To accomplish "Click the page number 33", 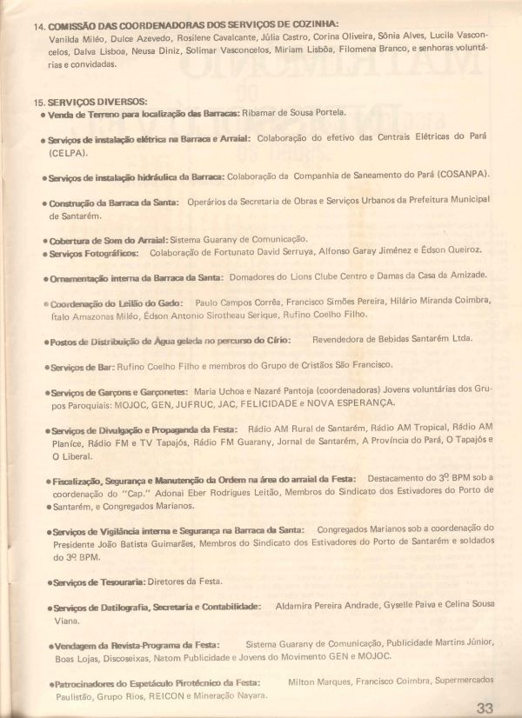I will [x=485, y=707].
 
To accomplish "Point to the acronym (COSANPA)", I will [x=461, y=175].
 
